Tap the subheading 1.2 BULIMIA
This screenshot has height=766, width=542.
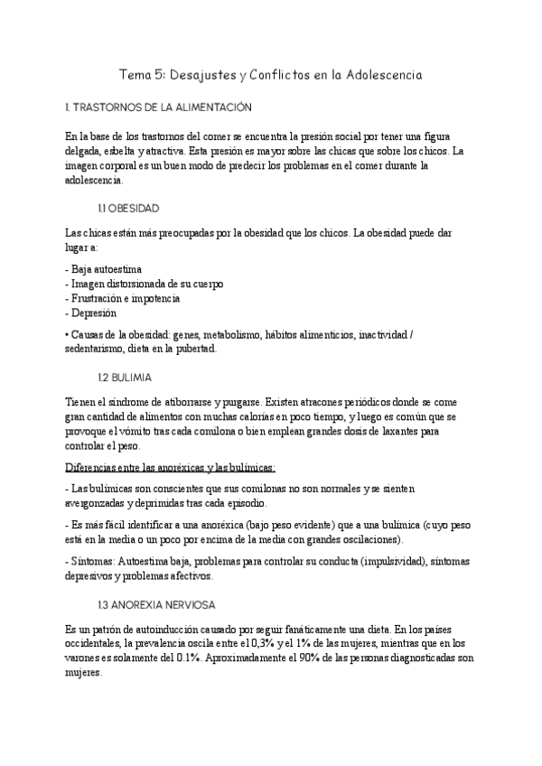click(x=126, y=375)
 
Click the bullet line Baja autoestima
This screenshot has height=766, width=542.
click(x=103, y=269)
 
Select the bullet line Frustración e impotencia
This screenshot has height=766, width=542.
click(x=123, y=298)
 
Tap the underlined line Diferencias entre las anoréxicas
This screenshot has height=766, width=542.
click(x=171, y=466)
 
